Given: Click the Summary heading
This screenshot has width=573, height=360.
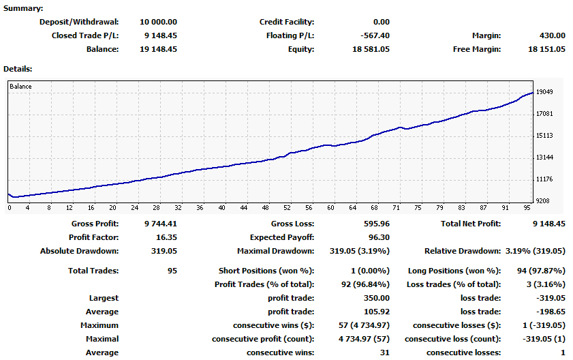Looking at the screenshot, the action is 23,8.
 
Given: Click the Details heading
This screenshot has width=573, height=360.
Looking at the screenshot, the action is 18,69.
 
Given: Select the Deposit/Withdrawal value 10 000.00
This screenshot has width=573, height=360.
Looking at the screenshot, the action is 158,22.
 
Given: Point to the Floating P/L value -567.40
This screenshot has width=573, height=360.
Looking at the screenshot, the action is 375,35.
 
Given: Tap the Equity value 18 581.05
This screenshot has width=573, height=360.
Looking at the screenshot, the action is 371,49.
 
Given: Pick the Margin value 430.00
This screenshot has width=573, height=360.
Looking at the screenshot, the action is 552,35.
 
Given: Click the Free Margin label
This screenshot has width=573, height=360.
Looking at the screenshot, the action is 477,49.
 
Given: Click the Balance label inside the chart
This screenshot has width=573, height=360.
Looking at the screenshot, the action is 20,87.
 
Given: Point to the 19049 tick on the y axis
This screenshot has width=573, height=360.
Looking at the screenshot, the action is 544,92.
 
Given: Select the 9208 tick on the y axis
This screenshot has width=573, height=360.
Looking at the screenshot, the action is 542,201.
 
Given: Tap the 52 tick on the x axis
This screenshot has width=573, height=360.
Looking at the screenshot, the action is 288,208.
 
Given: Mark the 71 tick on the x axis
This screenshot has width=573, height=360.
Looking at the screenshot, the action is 396,208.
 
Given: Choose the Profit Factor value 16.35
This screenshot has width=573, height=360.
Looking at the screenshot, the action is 166,237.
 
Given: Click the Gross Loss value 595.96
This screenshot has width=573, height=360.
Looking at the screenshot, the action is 377,224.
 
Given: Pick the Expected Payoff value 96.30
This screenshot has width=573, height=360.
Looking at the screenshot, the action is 379,237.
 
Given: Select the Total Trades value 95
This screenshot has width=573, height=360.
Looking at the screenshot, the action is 172,271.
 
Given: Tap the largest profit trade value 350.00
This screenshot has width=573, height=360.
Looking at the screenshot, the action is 377,298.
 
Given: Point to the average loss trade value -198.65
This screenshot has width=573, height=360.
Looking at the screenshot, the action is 551,312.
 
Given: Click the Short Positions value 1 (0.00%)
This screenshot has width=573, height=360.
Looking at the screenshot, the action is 370,271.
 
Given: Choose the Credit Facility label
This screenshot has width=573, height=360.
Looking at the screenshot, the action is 287,22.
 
